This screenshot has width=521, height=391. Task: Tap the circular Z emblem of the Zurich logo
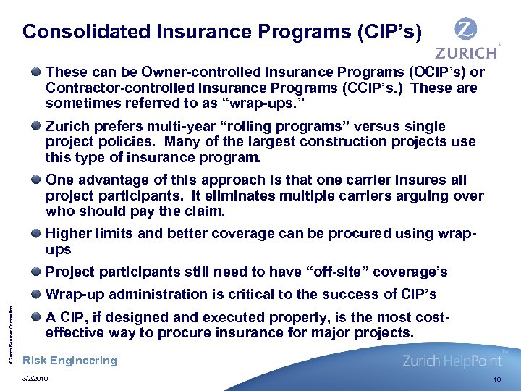(465, 30)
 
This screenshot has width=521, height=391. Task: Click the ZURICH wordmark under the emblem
(466, 53)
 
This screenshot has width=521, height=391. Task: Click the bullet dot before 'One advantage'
(36, 180)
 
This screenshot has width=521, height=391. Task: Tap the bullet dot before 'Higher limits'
(36, 233)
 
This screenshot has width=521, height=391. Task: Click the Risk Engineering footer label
(70, 361)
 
